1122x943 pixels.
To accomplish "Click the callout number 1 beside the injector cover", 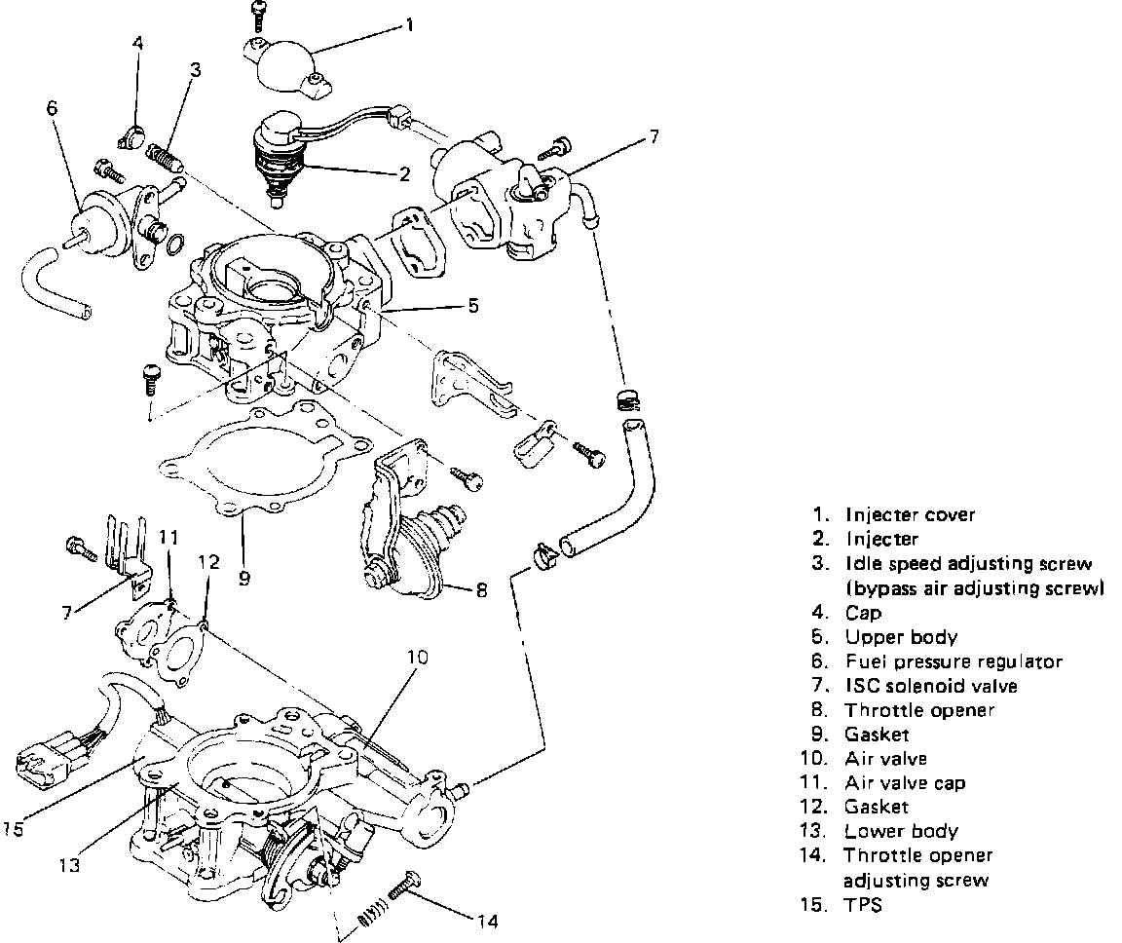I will pyautogui.click(x=409, y=24).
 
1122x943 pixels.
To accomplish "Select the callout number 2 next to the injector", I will pyautogui.click(x=403, y=174).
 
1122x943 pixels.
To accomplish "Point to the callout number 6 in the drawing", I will pyautogui.click(x=52, y=108).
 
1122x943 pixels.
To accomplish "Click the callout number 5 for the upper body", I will pyautogui.click(x=472, y=305).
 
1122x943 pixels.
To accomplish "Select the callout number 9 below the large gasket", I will pyautogui.click(x=243, y=577).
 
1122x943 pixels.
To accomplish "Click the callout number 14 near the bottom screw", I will pyautogui.click(x=487, y=918).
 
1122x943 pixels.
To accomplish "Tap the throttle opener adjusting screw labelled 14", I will pyautogui.click(x=404, y=888).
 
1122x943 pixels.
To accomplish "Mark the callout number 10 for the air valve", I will pyautogui.click(x=417, y=657).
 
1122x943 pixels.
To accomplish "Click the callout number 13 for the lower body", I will pyautogui.click(x=67, y=862).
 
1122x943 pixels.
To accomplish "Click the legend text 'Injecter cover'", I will pyautogui.click(x=910, y=514).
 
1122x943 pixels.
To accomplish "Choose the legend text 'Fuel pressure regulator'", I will pyautogui.click(x=954, y=662).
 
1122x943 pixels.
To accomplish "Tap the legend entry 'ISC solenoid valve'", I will pyautogui.click(x=930, y=686).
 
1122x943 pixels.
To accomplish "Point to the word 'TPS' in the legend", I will pyautogui.click(x=864, y=904).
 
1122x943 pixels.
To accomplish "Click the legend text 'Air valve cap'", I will pyautogui.click(x=905, y=782).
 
